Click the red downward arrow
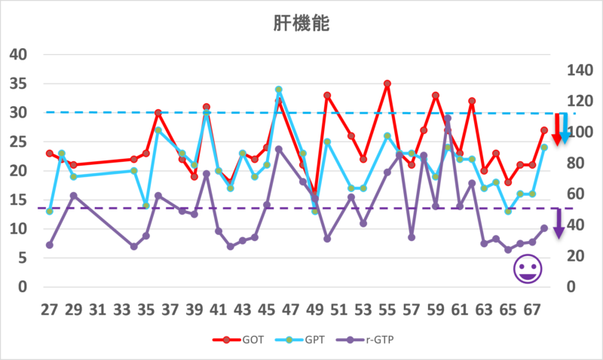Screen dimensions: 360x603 coord(559,129)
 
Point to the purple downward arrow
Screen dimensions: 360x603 coord(559,223)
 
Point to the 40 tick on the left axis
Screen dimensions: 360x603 coord(17,54)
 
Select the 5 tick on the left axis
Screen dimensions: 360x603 coord(21,258)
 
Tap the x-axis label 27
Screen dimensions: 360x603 coord(49,310)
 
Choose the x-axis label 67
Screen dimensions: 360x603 coord(531,310)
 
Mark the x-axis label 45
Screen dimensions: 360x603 coord(266,310)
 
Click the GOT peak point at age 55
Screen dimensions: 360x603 coord(387,84)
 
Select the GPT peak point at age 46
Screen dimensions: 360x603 coord(279,90)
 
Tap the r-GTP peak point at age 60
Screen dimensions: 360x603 coord(448,118)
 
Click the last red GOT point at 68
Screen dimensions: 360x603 coord(544,130)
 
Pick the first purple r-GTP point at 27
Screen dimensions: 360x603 coord(49,245)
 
